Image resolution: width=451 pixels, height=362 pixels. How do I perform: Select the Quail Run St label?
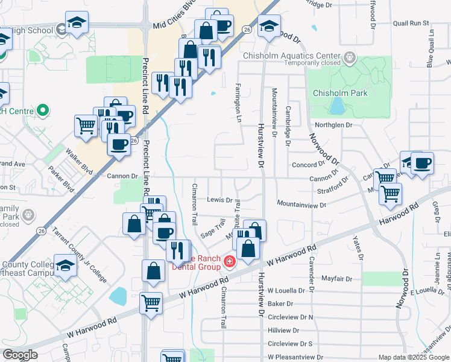pyautogui.click(x=411, y=23)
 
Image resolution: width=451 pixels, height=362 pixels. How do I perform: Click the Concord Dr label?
pyautogui.click(x=309, y=165)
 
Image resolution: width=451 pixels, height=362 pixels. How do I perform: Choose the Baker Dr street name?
pyautogui.click(x=280, y=303)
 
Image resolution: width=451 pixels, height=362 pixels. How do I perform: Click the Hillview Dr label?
pyautogui.click(x=283, y=330)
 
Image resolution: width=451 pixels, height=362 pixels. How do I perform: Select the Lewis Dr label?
pyautogui.click(x=219, y=200)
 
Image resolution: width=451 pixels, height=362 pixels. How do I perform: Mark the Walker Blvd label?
pyautogui.click(x=80, y=162)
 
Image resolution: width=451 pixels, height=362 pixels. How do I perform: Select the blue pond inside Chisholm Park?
pyautogui.click(x=338, y=106)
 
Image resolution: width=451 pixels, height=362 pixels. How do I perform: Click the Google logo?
pyautogui.click(x=19, y=355)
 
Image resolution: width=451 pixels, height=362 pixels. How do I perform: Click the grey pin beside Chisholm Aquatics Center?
pyautogui.click(x=350, y=59)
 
